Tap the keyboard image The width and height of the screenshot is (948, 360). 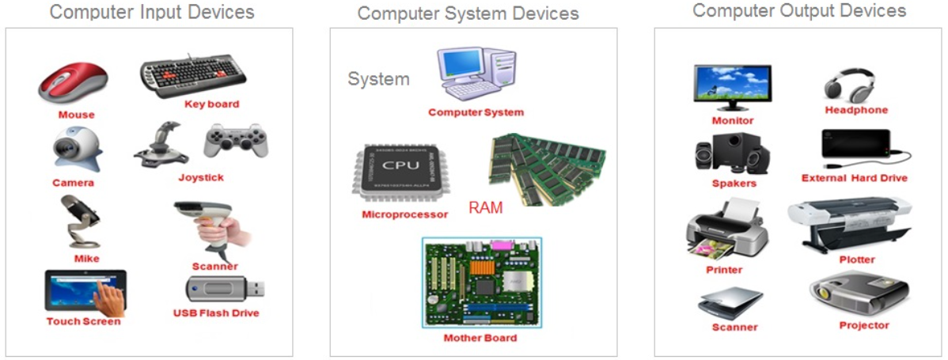click(x=193, y=77)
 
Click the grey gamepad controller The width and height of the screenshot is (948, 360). click(x=235, y=141)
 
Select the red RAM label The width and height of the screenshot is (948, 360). click(x=485, y=207)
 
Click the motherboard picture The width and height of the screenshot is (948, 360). click(x=481, y=282)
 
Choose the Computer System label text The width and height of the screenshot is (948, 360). click(x=476, y=112)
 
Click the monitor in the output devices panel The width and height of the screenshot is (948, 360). click(x=732, y=85)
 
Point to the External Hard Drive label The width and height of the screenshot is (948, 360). click(x=854, y=178)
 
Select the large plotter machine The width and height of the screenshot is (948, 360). click(x=851, y=222)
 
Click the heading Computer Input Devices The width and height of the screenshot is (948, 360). click(x=153, y=12)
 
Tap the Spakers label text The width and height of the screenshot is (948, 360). click(x=734, y=184)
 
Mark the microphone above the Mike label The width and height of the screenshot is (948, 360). click(x=78, y=222)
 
